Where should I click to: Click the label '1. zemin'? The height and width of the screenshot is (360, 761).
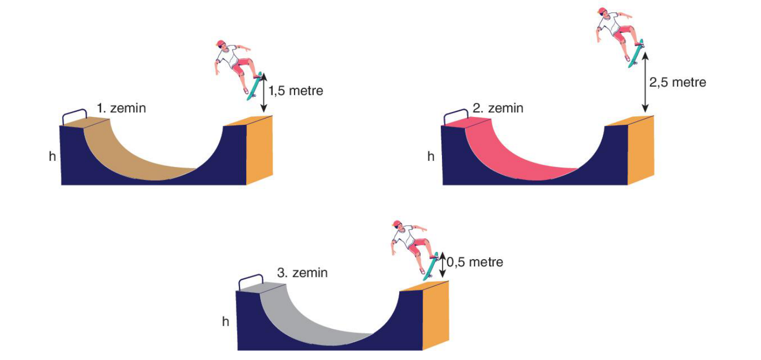(x=121, y=108)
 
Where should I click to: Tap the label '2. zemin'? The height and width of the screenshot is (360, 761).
(x=498, y=108)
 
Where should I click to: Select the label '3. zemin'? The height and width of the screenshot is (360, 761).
(x=302, y=273)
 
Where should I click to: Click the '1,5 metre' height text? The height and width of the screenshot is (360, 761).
(x=296, y=91)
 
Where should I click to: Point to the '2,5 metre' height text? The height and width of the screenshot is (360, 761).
(x=678, y=82)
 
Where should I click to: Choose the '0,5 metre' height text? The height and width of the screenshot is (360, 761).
(x=475, y=262)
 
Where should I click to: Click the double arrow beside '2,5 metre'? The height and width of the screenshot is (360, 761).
(x=645, y=82)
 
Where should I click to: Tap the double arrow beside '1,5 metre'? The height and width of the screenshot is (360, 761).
(x=263, y=93)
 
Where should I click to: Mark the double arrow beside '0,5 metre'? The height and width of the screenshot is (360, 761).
(x=442, y=265)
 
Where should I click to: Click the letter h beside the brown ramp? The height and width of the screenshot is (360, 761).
(x=53, y=156)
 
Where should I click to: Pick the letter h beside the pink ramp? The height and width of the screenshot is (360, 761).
(x=431, y=156)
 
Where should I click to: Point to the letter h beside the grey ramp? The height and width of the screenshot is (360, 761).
(x=225, y=322)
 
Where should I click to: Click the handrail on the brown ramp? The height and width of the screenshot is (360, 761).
(x=74, y=111)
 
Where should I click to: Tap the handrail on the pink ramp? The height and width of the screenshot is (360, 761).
(x=456, y=111)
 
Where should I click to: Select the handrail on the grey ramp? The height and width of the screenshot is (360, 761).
(x=251, y=276)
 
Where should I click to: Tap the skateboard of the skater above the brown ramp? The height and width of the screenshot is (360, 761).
(x=255, y=86)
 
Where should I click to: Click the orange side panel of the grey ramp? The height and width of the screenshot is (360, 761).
(x=435, y=315)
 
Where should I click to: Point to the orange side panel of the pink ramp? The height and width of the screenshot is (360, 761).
(x=640, y=150)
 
